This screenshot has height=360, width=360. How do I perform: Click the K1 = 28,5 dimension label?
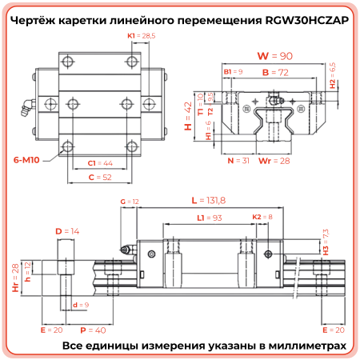click(x=141, y=37)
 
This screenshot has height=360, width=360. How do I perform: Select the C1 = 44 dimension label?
click(x=100, y=162)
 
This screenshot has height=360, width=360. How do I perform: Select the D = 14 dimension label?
click(x=68, y=230)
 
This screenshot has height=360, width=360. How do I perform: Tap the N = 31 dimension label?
click(x=238, y=160)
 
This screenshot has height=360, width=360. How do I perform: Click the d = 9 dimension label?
click(x=80, y=306)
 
